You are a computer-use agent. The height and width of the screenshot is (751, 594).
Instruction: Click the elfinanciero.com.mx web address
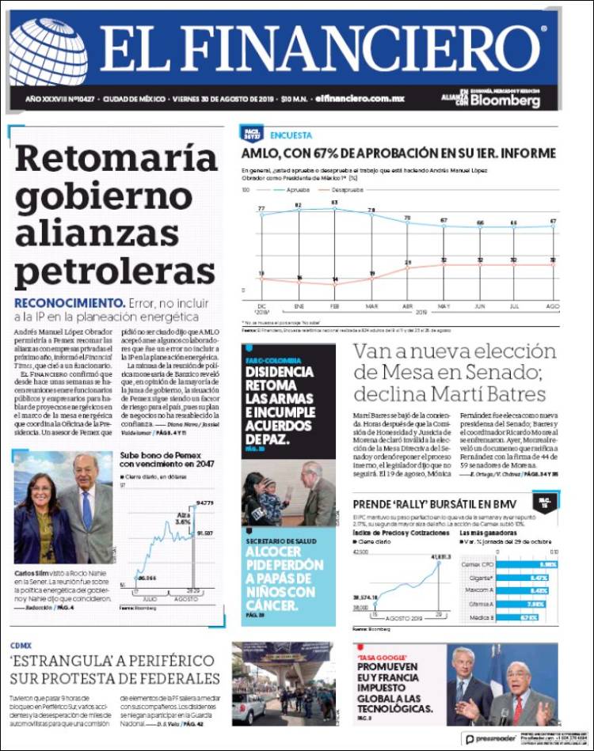click(x=360, y=99)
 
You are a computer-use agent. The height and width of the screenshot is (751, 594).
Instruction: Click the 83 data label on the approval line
click(x=334, y=203)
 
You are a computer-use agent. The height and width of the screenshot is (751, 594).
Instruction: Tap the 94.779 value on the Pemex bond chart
click(x=205, y=503)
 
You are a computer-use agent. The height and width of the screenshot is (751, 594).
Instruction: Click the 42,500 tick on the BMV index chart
click(x=361, y=551)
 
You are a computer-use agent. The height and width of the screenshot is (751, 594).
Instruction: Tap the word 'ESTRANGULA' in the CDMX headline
click(x=60, y=660)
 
